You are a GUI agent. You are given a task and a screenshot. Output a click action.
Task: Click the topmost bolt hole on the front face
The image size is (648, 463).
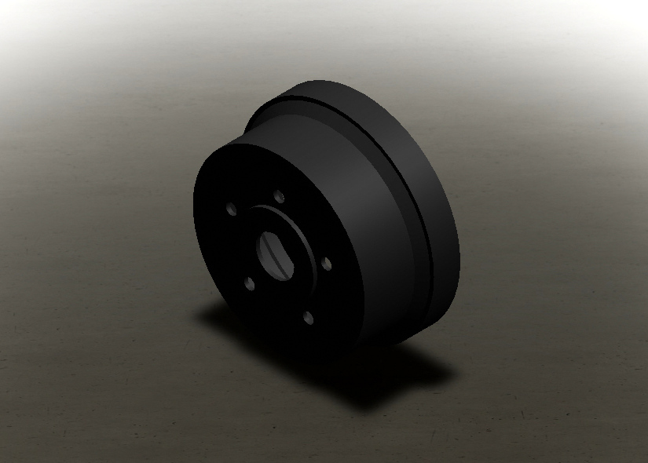tap(279, 197)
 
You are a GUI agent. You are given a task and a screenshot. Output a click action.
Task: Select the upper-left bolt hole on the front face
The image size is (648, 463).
tap(231, 209)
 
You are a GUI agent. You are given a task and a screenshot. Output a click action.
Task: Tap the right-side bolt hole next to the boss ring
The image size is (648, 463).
tap(327, 264)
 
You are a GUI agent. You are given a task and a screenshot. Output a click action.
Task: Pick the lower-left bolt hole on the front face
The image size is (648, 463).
tap(249, 283)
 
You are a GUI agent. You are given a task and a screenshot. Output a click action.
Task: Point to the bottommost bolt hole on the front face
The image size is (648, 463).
tap(308, 318)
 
